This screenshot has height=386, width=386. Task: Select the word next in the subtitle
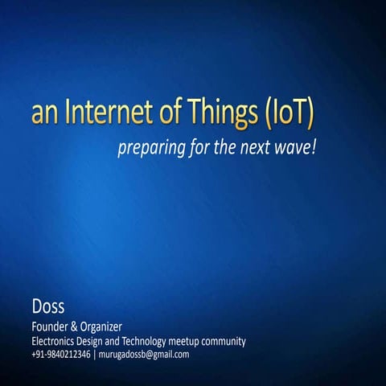(252, 149)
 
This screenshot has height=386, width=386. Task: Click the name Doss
(48, 306)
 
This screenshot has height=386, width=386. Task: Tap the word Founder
(51, 326)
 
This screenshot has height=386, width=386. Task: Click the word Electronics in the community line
(57, 341)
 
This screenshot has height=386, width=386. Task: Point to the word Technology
(159, 342)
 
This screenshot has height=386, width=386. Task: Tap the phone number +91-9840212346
(61, 354)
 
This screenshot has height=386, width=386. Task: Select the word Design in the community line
(102, 342)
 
